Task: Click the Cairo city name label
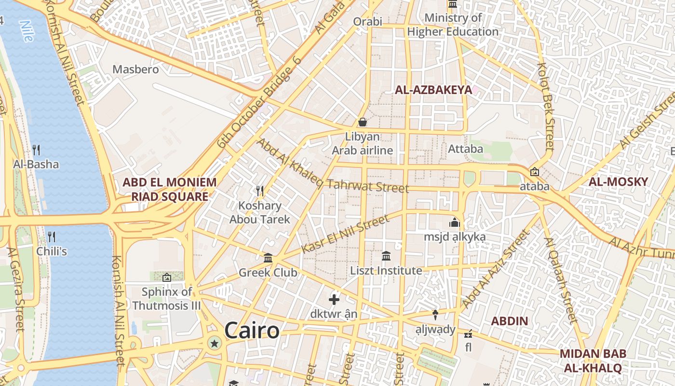click(x=252, y=331)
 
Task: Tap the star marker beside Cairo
click(x=215, y=344)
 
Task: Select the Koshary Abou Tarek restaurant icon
click(x=260, y=191)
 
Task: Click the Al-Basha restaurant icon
click(x=36, y=150)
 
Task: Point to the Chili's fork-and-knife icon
click(x=52, y=237)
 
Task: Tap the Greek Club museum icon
click(x=268, y=258)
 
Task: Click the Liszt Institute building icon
click(x=386, y=256)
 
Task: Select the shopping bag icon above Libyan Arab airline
click(x=362, y=122)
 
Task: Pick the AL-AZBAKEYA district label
click(x=433, y=90)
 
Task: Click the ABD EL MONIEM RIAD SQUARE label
click(x=170, y=189)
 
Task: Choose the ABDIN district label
click(x=510, y=321)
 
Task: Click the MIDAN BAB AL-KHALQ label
click(x=593, y=360)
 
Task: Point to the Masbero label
click(x=135, y=69)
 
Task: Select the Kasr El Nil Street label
click(x=345, y=234)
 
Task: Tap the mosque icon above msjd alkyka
click(x=454, y=223)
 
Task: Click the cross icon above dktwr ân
click(x=334, y=300)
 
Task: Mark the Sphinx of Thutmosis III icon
click(x=167, y=277)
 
